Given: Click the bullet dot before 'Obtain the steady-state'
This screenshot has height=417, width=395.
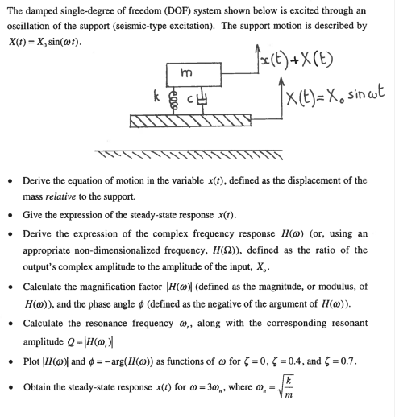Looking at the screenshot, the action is point(12,387).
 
